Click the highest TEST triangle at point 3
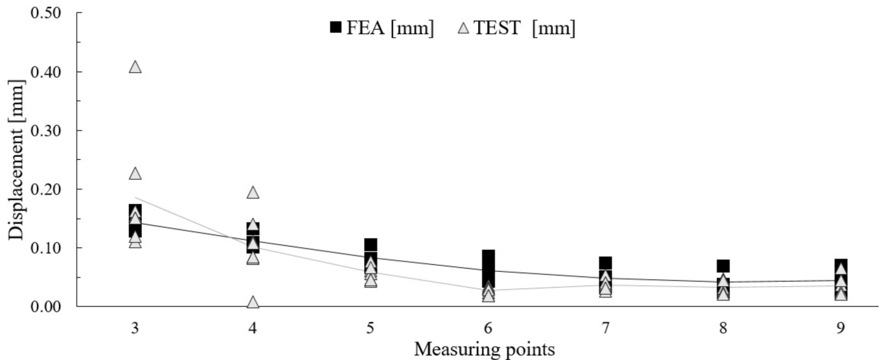(135, 67)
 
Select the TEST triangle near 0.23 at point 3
(135, 174)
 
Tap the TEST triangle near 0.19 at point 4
(253, 192)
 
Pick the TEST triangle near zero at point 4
(253, 302)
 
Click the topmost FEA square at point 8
(723, 266)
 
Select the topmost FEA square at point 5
(371, 244)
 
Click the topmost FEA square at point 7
(605, 263)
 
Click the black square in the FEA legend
(336, 28)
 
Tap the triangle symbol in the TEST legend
(464, 29)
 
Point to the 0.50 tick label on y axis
(46, 13)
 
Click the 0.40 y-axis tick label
(46, 72)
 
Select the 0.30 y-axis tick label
(46, 131)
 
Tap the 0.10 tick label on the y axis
(46, 248)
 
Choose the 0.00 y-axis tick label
(46, 307)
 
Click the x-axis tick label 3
(135, 328)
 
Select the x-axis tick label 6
(488, 328)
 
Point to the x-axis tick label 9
(841, 328)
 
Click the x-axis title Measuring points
(484, 349)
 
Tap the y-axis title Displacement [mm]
(17, 160)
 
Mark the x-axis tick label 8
(723, 328)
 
